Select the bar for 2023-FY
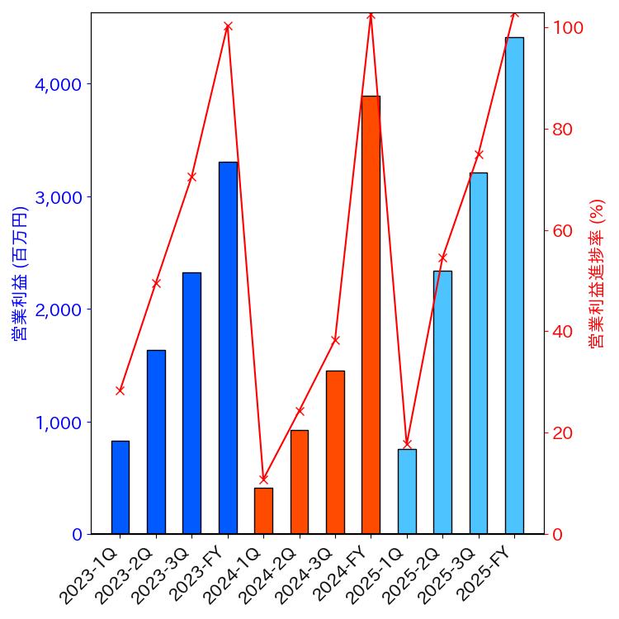coord(228,347)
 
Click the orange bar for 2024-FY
coord(371,314)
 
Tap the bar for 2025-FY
coord(514,285)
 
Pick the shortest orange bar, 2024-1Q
coord(263,511)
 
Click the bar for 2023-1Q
coord(120,487)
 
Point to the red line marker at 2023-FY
coord(228,26)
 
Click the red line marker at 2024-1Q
coord(263,479)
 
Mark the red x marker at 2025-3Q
coord(479,154)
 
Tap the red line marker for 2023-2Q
coord(156,283)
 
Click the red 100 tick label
coord(569,28)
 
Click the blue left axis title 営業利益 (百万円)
coord(20,273)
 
